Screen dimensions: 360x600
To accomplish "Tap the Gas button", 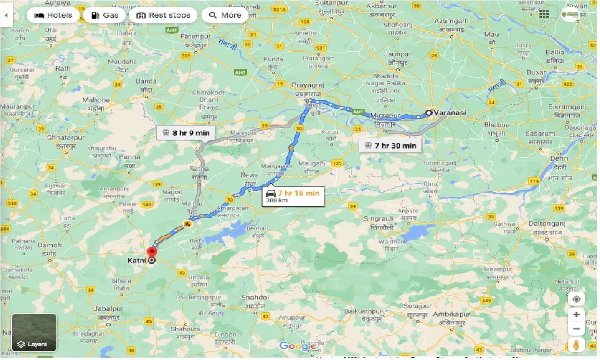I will click(x=105, y=15).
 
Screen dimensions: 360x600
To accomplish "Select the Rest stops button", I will click(x=163, y=15).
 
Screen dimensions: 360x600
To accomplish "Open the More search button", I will click(x=225, y=15).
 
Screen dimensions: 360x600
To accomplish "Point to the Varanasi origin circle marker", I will click(x=428, y=113).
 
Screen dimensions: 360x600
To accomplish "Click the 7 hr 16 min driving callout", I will click(x=293, y=196).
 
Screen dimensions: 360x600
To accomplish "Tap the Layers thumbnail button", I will click(x=34, y=332).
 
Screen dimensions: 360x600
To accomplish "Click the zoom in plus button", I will click(x=577, y=315).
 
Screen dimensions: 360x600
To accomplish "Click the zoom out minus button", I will click(x=577, y=328).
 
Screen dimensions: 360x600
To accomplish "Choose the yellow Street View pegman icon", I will click(x=577, y=345).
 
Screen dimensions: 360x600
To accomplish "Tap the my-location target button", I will click(x=577, y=299).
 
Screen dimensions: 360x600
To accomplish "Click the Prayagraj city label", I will click(x=305, y=85).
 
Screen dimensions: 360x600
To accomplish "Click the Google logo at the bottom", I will click(x=298, y=346).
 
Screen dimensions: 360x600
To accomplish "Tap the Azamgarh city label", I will click(x=451, y=22).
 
